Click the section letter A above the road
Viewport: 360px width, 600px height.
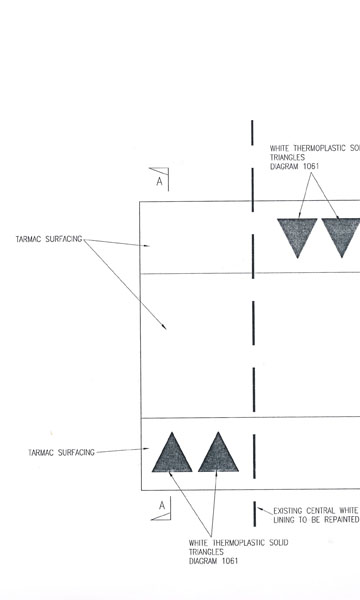click(160, 181)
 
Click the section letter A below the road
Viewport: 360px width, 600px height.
click(162, 505)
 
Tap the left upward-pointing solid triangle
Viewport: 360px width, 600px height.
click(172, 452)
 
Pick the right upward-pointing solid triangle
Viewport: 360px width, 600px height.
click(218, 452)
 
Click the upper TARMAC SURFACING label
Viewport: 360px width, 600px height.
click(49, 239)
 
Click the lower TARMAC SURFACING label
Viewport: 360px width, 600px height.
click(62, 453)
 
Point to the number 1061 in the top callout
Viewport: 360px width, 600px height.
click(311, 166)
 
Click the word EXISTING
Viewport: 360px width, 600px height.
click(288, 511)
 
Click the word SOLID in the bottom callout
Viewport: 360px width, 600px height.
click(278, 543)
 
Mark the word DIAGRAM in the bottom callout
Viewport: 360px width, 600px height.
click(203, 561)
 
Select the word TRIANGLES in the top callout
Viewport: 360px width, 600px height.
click(288, 157)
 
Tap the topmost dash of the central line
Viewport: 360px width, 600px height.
click(252, 132)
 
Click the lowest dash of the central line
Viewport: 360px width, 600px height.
click(254, 514)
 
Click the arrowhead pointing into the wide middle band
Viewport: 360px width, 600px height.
click(164, 326)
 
